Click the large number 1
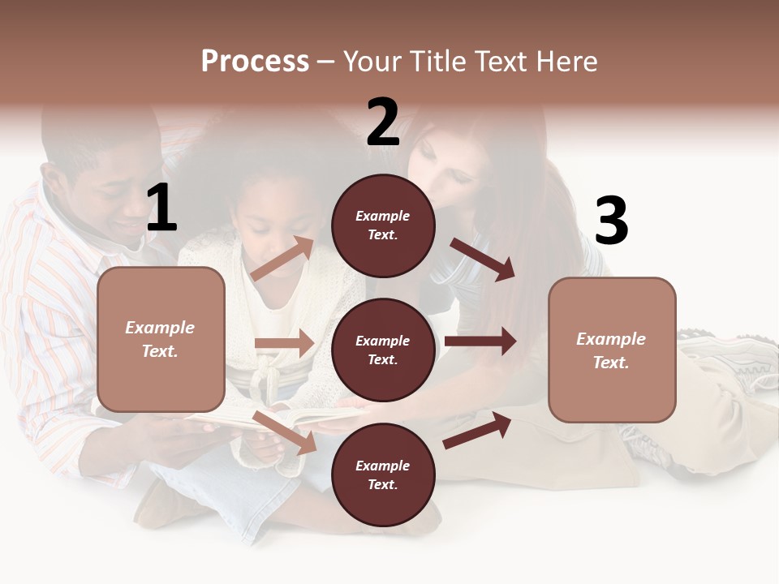tap(161, 208)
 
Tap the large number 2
tap(383, 122)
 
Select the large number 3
tap(611, 221)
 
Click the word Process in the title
tap(255, 61)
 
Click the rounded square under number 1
tap(161, 339)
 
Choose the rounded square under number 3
tap(612, 350)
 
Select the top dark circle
tap(383, 225)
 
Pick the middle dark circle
tap(383, 350)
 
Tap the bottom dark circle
tap(383, 474)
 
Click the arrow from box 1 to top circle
tap(282, 259)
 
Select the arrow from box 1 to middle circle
tap(284, 343)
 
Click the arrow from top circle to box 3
tap(483, 259)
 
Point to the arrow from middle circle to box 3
tap(480, 341)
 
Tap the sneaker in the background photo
tap(730, 361)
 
